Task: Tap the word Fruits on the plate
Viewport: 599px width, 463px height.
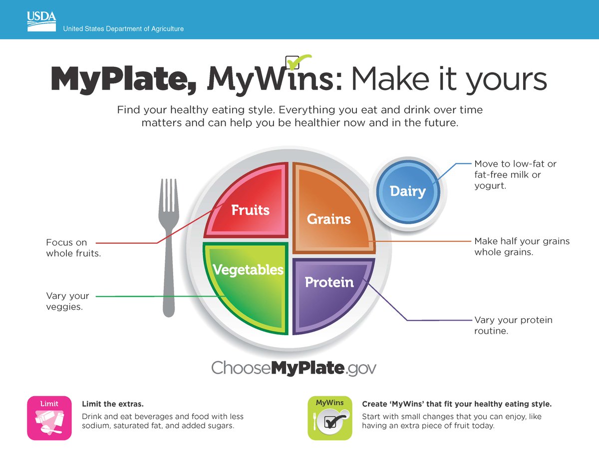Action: [x=250, y=210]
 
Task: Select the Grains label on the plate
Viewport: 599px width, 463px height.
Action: [x=328, y=218]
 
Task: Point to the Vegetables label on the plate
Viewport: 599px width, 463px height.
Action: [x=248, y=270]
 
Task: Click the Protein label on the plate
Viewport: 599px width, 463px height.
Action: [x=329, y=282]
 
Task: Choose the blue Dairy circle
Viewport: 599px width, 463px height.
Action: [x=407, y=191]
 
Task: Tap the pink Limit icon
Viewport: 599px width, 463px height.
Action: [x=49, y=418]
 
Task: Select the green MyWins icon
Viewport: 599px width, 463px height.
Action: [x=330, y=418]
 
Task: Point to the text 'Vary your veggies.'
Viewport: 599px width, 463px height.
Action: [x=67, y=301]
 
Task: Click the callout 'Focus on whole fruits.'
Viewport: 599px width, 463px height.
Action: [x=73, y=248]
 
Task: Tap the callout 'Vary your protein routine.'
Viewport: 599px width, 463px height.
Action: [x=513, y=325]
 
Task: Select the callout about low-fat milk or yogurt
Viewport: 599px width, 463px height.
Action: [x=515, y=175]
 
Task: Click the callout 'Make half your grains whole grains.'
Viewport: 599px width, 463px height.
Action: [x=522, y=247]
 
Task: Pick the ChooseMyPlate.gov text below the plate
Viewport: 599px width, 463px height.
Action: [x=294, y=368]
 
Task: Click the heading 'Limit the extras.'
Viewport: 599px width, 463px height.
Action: [x=112, y=404]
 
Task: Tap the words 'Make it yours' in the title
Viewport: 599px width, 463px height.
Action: [x=449, y=80]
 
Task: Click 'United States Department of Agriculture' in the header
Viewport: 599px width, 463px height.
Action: [x=123, y=29]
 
